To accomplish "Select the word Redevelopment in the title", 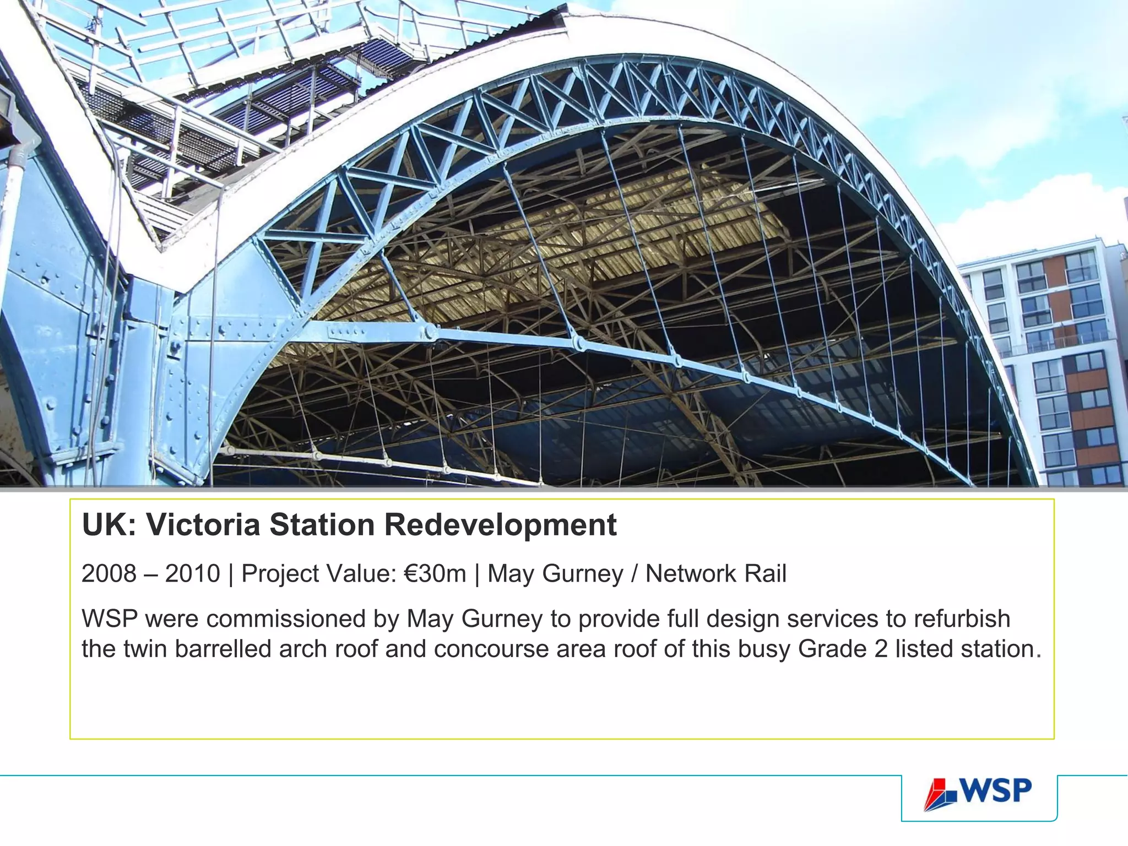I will (500, 525).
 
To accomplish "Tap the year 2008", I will (109, 574).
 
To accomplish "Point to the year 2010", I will (192, 574).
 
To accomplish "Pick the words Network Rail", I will (715, 574).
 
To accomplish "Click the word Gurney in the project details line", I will (583, 574).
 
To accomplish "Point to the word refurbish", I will (962, 619).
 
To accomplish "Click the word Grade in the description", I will (831, 649).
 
